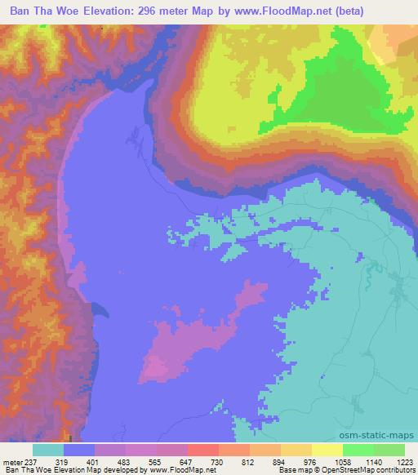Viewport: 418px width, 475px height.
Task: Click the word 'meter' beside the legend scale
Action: tap(11, 462)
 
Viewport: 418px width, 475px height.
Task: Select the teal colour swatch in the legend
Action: tap(48, 450)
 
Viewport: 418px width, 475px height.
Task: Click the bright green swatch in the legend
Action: tap(358, 450)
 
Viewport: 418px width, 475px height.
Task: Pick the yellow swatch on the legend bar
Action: tap(327, 450)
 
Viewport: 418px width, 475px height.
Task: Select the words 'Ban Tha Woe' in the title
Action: tap(40, 10)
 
